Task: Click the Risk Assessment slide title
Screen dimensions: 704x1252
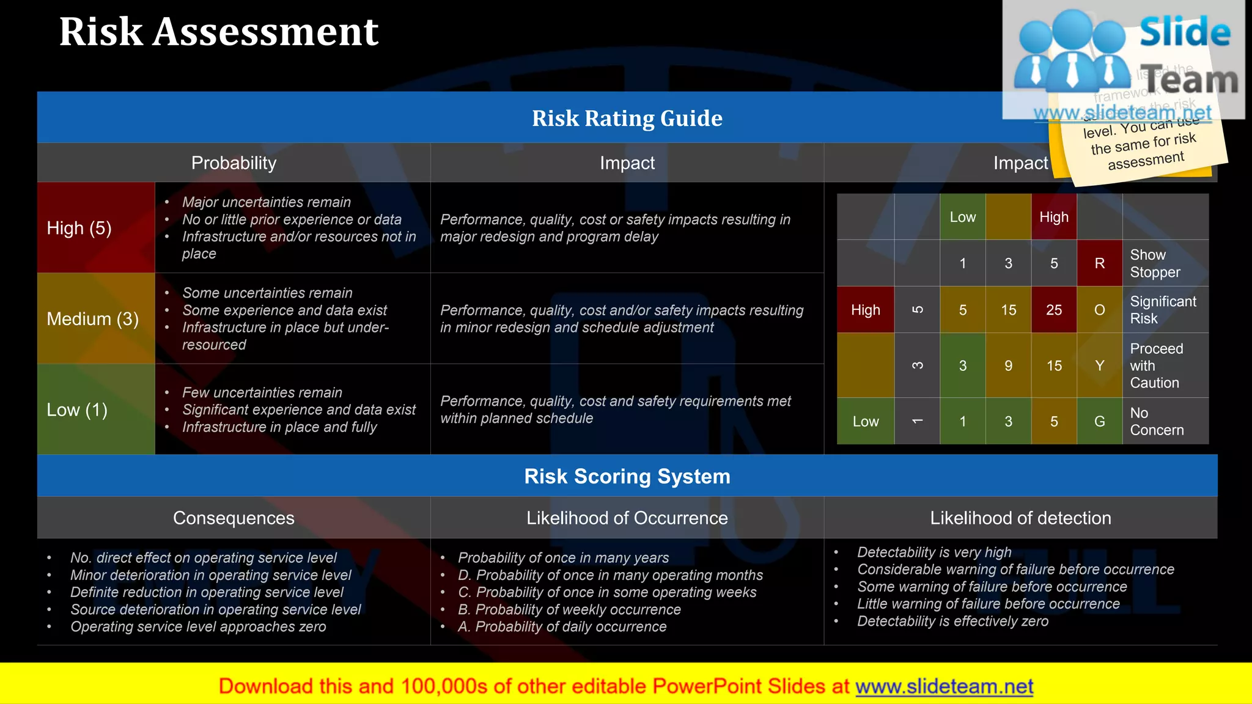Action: point(219,32)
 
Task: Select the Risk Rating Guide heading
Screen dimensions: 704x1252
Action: point(627,118)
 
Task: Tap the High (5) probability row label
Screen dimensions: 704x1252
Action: point(79,228)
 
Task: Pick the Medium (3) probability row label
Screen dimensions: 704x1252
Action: point(93,318)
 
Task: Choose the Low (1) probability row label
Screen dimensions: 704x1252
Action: point(77,409)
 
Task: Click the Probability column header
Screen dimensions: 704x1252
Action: point(234,163)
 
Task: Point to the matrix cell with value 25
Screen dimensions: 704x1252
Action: point(1054,310)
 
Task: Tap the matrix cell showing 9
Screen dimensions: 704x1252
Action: point(1008,365)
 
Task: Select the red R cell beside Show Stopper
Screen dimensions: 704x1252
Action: point(1099,263)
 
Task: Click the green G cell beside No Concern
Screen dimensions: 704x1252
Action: point(1099,421)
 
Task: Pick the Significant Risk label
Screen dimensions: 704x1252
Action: point(1163,310)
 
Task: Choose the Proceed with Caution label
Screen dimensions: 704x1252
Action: point(1156,365)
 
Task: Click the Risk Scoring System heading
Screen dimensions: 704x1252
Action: point(627,476)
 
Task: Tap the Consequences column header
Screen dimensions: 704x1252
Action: point(234,518)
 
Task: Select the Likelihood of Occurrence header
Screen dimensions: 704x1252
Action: point(627,518)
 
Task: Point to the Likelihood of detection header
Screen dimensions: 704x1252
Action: point(1020,518)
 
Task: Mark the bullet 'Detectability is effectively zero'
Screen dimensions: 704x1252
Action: point(952,621)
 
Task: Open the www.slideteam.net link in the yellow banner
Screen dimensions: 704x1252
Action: point(944,686)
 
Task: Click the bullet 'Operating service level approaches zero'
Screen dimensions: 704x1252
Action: point(198,626)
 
